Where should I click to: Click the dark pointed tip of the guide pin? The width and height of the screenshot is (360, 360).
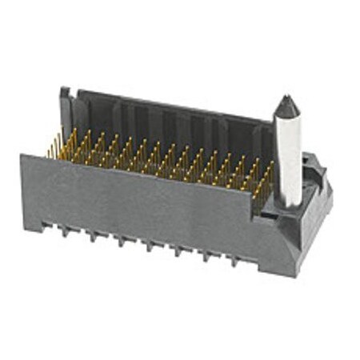pyautogui.click(x=286, y=104)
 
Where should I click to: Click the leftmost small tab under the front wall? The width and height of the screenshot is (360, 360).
pyautogui.click(x=64, y=230)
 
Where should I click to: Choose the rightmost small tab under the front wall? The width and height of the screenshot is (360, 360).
pyautogui.click(x=234, y=261)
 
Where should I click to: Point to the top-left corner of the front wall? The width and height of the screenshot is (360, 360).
pyautogui.click(x=23, y=156)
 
